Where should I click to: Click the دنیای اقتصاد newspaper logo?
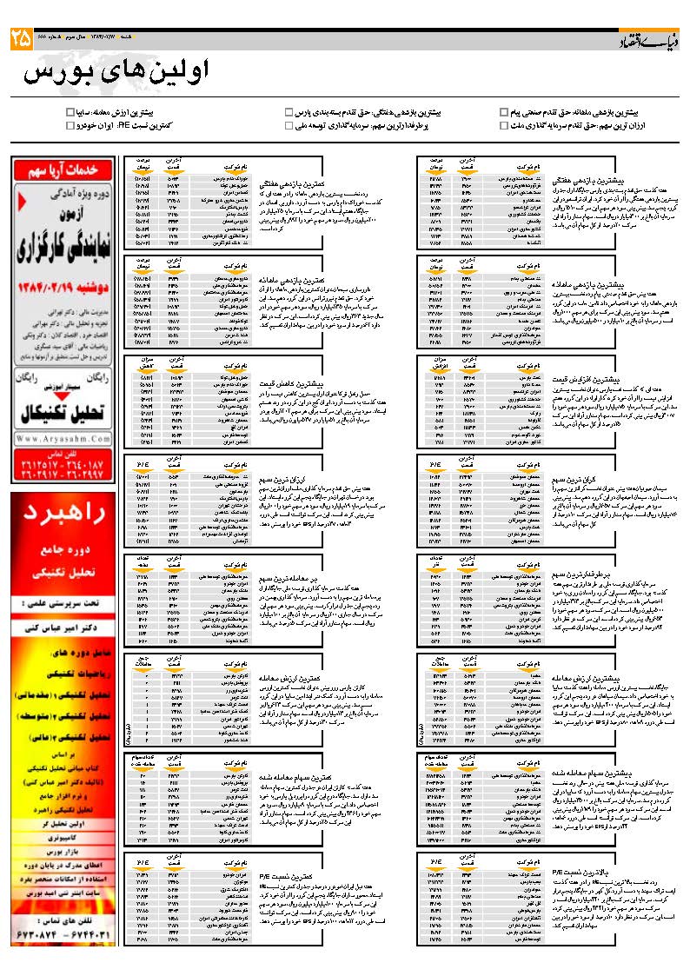coord(646,40)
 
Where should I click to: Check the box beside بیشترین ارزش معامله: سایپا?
coord(70,112)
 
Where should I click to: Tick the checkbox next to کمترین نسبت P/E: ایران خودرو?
coord(70,125)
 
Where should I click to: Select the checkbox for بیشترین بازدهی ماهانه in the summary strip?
coord(504,112)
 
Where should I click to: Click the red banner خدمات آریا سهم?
coord(63,169)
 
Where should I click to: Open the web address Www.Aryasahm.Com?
coord(63,439)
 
